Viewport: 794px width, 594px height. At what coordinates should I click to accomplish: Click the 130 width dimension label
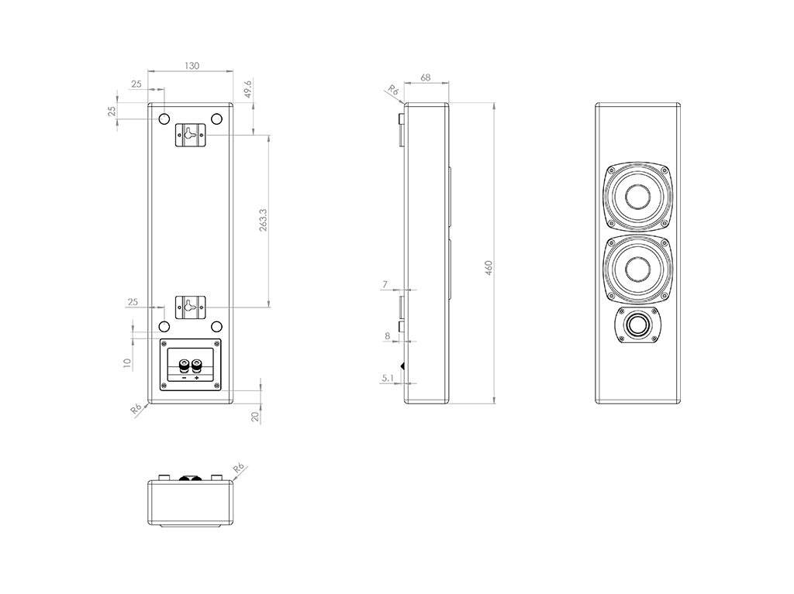coord(192,66)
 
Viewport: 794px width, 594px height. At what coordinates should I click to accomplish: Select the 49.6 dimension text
coord(247,89)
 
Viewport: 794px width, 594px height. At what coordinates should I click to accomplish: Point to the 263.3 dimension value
coord(263,221)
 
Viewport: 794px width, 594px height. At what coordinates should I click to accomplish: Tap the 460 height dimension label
coord(488,269)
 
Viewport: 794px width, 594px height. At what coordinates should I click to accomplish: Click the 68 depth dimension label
coord(426,77)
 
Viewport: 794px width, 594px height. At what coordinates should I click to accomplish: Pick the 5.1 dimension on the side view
coord(388,379)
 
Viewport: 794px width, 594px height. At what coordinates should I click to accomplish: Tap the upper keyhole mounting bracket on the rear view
coord(190,134)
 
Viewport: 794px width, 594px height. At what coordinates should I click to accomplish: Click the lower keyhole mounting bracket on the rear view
coord(190,307)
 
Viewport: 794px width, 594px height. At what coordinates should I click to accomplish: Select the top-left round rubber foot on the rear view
coord(164,119)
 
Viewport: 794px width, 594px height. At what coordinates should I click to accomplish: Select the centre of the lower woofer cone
coord(638,270)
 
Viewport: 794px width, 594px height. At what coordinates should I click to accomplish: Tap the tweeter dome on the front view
coord(638,324)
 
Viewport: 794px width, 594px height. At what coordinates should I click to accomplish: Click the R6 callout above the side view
coord(393,91)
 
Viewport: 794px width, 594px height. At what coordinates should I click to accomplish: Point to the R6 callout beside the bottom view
coord(238,467)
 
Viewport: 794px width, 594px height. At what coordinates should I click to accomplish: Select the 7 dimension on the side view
coord(385,285)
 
